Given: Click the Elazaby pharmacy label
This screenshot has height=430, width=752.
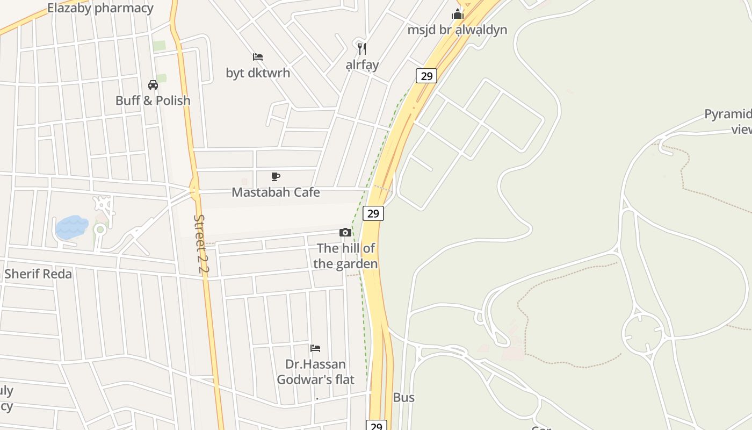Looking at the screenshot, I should [x=100, y=8].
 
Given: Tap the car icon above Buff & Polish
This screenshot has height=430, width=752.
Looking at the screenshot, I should [x=153, y=84].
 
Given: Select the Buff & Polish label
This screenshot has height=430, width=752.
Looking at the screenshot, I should [x=153, y=101].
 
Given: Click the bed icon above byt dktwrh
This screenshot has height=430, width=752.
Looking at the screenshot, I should [x=258, y=57].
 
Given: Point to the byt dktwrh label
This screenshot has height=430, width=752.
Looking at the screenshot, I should [x=258, y=73].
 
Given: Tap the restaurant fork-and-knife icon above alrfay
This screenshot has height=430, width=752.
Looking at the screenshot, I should [x=362, y=49].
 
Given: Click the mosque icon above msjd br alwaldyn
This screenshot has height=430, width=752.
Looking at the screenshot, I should [x=458, y=14].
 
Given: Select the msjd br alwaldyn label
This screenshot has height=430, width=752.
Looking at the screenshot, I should [x=457, y=30].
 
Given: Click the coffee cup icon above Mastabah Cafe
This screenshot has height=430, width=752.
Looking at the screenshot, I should [x=276, y=176].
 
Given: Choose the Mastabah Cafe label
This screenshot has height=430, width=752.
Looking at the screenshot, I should [x=276, y=192].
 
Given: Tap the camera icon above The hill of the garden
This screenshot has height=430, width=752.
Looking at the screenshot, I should [x=345, y=233].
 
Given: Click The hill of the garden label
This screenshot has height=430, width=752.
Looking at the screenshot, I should [x=345, y=256].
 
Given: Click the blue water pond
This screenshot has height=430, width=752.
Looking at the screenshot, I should [x=71, y=227].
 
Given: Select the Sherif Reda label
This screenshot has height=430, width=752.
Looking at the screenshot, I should [x=38, y=274].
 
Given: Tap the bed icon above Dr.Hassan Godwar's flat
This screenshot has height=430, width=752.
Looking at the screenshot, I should [x=315, y=348].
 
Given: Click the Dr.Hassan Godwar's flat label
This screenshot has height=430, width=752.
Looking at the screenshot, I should [x=315, y=372].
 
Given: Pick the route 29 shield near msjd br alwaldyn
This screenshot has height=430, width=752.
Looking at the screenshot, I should [x=426, y=76].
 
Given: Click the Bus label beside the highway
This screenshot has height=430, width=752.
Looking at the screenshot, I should [x=404, y=398].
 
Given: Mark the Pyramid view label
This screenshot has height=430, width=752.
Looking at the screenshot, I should [x=731, y=121].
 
